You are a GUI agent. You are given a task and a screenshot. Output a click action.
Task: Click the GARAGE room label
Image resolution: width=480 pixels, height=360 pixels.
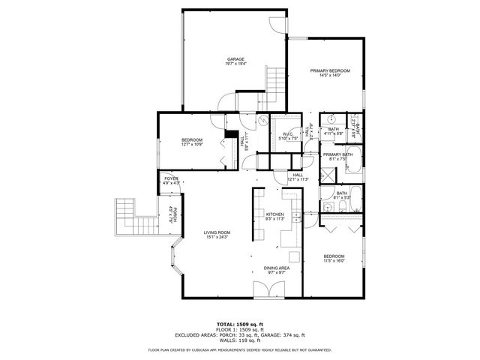point(235,61)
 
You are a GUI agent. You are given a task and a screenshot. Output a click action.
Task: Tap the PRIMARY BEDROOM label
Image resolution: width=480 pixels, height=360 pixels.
point(331,73)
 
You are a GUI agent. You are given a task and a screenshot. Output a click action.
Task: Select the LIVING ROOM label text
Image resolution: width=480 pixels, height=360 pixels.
point(217,235)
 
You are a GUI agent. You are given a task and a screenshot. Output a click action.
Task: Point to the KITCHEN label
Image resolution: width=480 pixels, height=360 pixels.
point(274,217)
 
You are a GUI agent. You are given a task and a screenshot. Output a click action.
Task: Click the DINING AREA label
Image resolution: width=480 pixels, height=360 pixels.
point(277,270)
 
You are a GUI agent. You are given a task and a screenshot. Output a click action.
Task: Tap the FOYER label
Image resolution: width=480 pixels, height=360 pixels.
point(172,180)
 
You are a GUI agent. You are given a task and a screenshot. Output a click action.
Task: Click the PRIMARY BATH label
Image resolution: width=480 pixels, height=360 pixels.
point(334,157)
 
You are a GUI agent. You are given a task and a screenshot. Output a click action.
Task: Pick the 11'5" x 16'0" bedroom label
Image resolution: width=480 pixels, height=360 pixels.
point(334,257)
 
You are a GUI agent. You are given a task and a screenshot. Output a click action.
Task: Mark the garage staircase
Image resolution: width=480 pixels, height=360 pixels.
point(276,79)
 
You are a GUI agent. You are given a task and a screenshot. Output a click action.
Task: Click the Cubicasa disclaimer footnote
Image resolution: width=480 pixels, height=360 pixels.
point(239,349)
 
